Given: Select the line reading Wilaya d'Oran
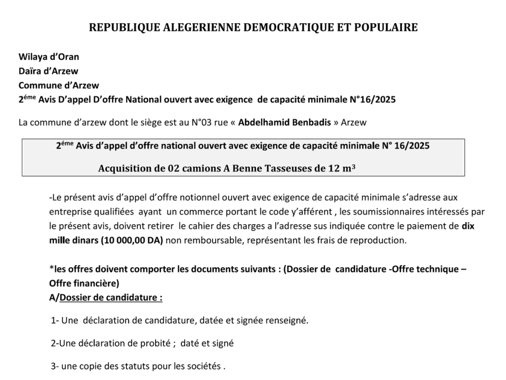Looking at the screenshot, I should (48, 56).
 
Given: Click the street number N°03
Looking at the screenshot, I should (177, 122).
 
